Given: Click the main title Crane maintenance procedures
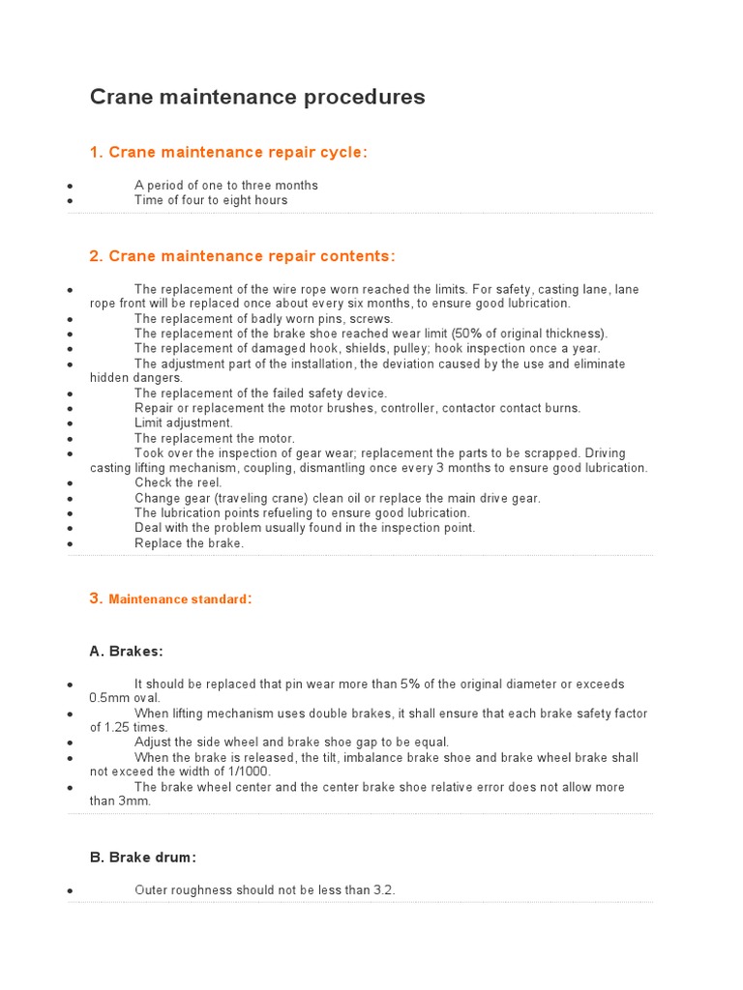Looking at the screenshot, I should pos(257,98).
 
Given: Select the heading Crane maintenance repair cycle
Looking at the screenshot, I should pos(228,153).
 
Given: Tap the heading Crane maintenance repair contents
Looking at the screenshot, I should pos(242,256).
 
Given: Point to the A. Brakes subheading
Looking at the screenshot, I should pos(127,652).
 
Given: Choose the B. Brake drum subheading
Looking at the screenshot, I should pos(143,858).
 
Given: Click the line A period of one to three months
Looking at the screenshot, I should pos(226,186).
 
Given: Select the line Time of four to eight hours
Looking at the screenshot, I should pos(211,200).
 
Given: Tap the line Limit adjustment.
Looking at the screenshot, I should pos(184,423).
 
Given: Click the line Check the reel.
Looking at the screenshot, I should pos(178,483).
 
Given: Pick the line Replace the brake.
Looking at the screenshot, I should pos(190,543).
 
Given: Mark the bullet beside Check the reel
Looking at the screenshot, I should pos(71,483).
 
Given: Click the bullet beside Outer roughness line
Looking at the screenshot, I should pos(71,890).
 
